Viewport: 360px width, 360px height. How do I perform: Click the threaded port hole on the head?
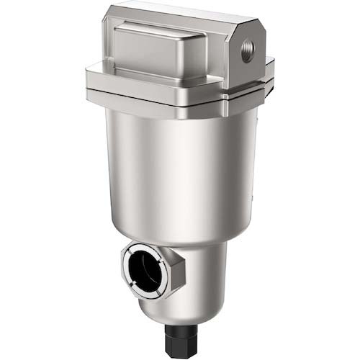click(x=247, y=55)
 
